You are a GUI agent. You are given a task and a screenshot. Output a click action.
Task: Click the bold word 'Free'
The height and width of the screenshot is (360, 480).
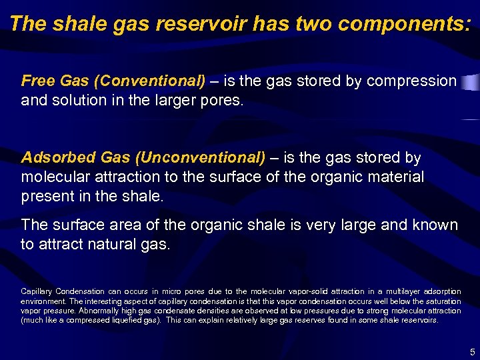[38, 81]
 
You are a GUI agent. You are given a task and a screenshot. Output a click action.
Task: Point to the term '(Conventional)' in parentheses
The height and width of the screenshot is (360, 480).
[150, 81]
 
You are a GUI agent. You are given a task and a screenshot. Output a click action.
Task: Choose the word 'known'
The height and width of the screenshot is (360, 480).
[433, 225]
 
